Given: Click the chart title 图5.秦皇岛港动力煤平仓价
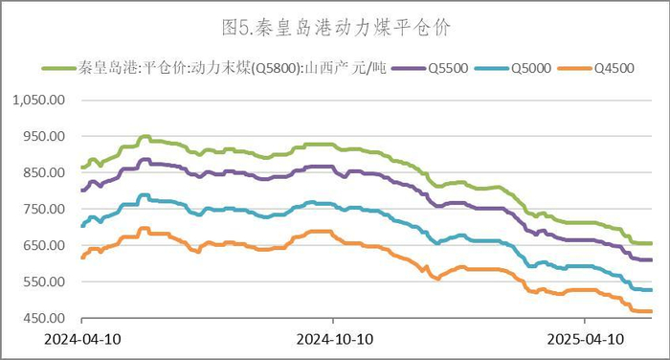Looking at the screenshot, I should pyautogui.click(x=335, y=28).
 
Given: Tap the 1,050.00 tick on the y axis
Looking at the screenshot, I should pyautogui.click(x=38, y=100).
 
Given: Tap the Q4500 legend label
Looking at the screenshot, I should pyautogui.click(x=614, y=69).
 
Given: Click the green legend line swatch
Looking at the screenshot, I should pyautogui.click(x=57, y=69).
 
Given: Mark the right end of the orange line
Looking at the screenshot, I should pyautogui.click(x=651, y=311).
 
